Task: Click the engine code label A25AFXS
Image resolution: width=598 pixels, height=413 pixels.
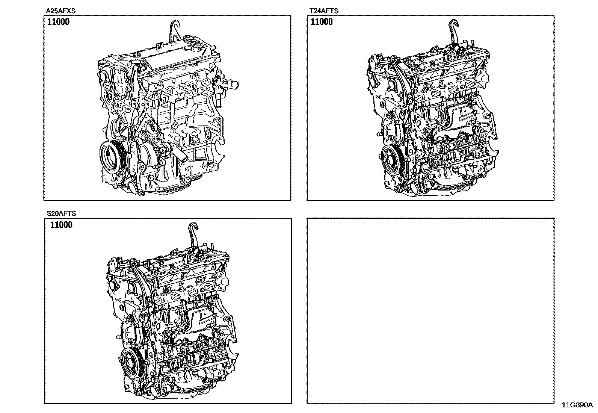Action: pos(60,11)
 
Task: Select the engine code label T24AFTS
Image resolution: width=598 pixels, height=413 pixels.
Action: pos(323,11)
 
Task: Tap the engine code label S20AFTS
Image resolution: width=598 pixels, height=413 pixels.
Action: pos(61,213)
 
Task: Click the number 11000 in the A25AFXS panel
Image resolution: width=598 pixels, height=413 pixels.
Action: pos(58,22)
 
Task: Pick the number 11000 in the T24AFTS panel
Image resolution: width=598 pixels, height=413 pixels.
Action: pos(322,22)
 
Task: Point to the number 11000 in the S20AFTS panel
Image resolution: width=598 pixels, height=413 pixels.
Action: pos(61,225)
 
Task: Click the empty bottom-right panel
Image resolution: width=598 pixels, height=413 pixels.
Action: pos(430,310)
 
